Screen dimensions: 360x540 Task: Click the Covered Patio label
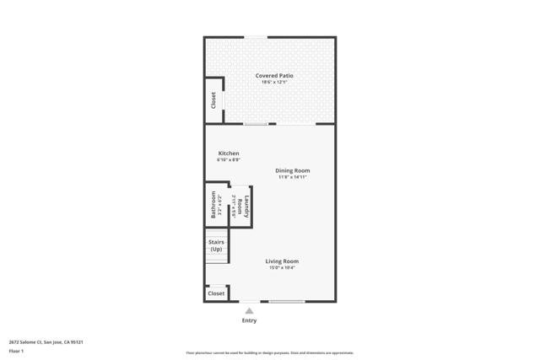[275, 76]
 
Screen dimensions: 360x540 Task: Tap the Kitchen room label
[229, 153]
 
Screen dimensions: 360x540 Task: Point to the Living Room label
[282, 261]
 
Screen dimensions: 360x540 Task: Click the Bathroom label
[213, 206]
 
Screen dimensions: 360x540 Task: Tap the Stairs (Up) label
[217, 245]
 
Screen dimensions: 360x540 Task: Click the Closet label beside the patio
[213, 100]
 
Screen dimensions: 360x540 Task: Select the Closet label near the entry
[217, 293]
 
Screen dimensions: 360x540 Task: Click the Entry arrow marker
[249, 310]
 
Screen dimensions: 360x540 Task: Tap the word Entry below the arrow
[250, 320]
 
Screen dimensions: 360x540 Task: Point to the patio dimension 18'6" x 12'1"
[275, 83]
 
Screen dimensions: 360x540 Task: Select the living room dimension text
[282, 268]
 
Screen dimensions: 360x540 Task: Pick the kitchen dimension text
[229, 159]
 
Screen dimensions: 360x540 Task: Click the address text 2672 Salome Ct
[46, 342]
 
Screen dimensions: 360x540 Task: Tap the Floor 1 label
[16, 351]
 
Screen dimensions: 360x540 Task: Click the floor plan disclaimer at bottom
[269, 353]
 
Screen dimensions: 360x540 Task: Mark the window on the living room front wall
[287, 302]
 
